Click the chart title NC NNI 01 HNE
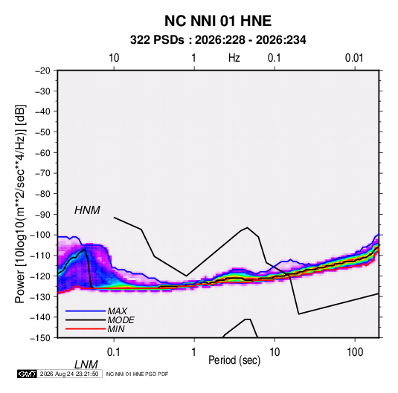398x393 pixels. click(x=218, y=21)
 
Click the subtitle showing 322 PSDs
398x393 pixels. click(x=218, y=40)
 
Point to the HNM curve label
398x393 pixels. click(x=87, y=210)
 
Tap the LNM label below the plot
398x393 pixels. click(x=86, y=365)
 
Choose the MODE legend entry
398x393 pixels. click(x=100, y=320)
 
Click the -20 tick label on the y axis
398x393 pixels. click(x=42, y=71)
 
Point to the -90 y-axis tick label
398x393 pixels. click(x=42, y=215)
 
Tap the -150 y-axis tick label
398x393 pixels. click(x=40, y=338)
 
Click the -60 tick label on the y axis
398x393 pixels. click(x=42, y=153)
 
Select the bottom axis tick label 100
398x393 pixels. click(x=355, y=352)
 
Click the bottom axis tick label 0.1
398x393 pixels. click(x=114, y=352)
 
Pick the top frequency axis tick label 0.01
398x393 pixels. click(x=354, y=58)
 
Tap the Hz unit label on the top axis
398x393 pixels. click(x=234, y=58)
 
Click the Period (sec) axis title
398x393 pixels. click(x=234, y=360)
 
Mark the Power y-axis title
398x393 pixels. click(x=20, y=204)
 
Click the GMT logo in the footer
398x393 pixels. click(x=27, y=374)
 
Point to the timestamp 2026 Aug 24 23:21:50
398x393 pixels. click(x=69, y=374)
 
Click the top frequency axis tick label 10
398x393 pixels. click(x=114, y=58)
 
